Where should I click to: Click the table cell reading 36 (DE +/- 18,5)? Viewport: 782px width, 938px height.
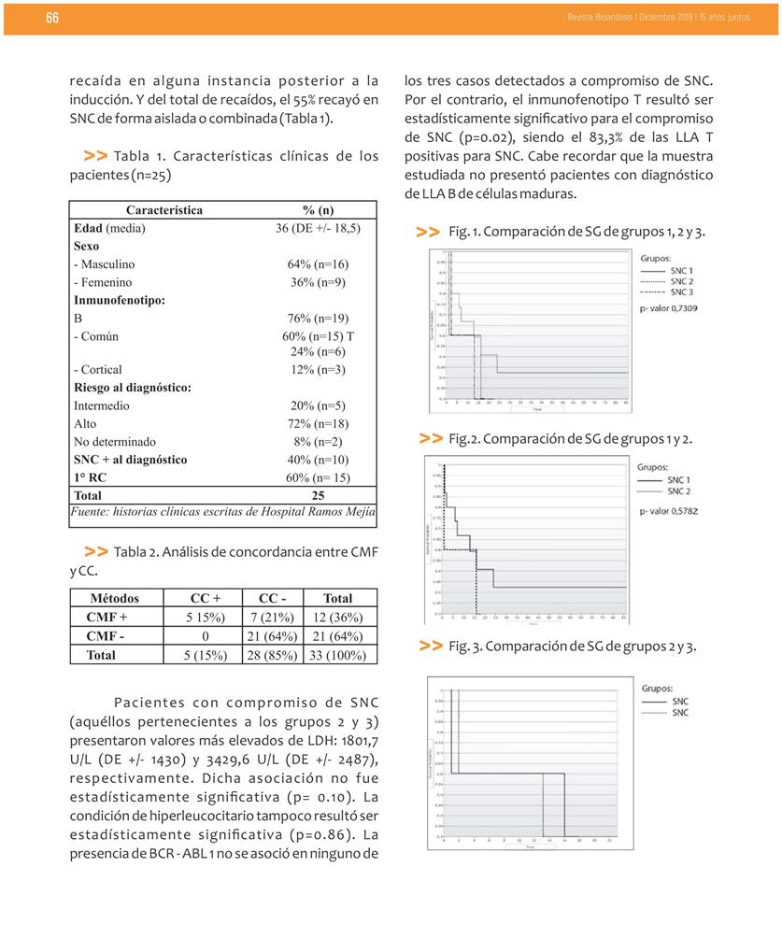click(318, 228)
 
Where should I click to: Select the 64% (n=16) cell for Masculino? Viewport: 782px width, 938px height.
click(318, 264)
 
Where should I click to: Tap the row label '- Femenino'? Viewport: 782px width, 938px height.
click(103, 282)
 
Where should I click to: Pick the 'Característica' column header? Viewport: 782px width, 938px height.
click(164, 210)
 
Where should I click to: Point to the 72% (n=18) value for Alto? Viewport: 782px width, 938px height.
click(318, 424)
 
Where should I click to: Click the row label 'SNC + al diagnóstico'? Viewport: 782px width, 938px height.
click(130, 460)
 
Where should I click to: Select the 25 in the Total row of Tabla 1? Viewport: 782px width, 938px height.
click(318, 495)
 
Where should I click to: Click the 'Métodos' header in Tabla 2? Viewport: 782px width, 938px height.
click(115, 599)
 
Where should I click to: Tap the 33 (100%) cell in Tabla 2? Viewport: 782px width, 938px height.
click(337, 655)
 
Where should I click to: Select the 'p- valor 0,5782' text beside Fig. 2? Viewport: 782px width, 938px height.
click(669, 511)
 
